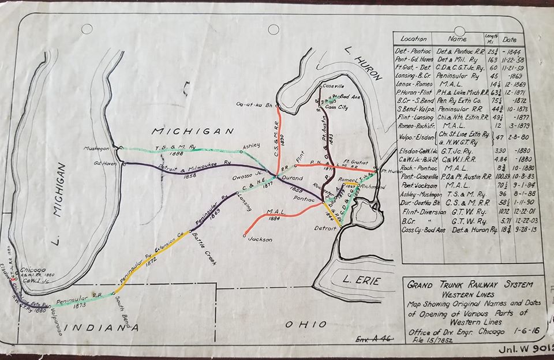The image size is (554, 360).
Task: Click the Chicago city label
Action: [32, 269]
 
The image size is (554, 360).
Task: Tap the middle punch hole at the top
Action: [274, 29]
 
